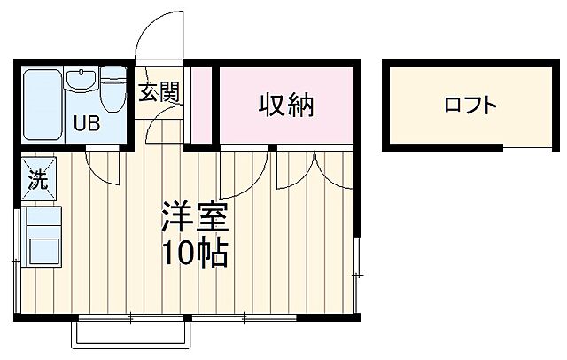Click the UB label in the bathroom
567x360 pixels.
pyautogui.click(x=87, y=123)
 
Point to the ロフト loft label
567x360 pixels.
pyautogui.click(x=470, y=106)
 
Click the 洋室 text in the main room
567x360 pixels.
pyautogui.click(x=193, y=217)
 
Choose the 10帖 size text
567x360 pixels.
pyautogui.click(x=194, y=254)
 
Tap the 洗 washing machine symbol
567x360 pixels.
pyautogui.click(x=39, y=181)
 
